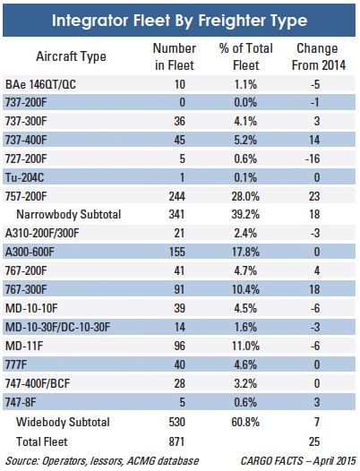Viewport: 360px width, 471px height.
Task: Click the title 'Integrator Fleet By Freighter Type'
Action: pyautogui.click(x=179, y=21)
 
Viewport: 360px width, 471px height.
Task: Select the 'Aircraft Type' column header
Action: pyautogui.click(x=71, y=56)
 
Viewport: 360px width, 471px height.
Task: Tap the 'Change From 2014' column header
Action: pyautogui.click(x=318, y=56)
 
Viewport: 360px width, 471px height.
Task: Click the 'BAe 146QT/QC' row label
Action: pyautogui.click(x=40, y=85)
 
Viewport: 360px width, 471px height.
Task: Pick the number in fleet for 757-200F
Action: pyautogui.click(x=176, y=196)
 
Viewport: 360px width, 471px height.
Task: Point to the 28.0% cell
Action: pyautogui.click(x=245, y=196)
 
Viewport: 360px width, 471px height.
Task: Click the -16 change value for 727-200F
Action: pyautogui.click(x=313, y=158)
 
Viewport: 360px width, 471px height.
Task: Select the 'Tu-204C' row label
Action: pyautogui.click(x=24, y=177)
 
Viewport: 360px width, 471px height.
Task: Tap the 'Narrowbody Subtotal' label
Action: pyautogui.click(x=69, y=215)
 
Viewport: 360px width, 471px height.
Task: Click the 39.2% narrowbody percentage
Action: pyautogui.click(x=245, y=215)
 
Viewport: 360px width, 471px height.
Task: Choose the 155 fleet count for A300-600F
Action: pyautogui.click(x=176, y=252)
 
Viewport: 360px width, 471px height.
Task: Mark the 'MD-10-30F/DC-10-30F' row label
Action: pyautogui.click(x=57, y=327)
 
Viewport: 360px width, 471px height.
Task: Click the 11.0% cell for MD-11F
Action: pyautogui.click(x=245, y=346)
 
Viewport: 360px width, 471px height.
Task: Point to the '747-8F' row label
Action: pyautogui.click(x=21, y=402)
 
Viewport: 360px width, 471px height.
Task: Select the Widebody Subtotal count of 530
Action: pyautogui.click(x=176, y=422)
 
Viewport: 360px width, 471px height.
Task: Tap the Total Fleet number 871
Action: pyautogui.click(x=176, y=441)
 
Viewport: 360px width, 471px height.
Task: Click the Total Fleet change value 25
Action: pyautogui.click(x=314, y=441)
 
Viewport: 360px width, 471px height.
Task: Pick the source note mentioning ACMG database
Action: pyautogui.click(x=102, y=461)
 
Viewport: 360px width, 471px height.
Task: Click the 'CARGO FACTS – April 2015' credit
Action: pyautogui.click(x=298, y=461)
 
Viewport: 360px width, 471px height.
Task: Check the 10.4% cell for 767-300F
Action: pyautogui.click(x=245, y=289)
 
